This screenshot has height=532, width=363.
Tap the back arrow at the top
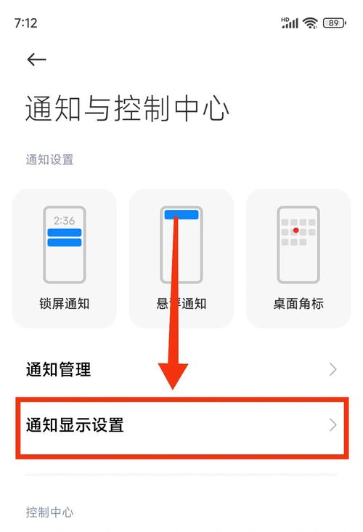pyautogui.click(x=36, y=60)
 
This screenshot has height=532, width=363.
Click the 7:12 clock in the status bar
pyautogui.click(x=25, y=23)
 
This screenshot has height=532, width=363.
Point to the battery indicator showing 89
pyautogui.click(x=334, y=23)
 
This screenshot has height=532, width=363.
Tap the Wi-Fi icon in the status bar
pyautogui.click(x=311, y=23)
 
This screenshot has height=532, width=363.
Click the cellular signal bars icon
pyautogui.click(x=290, y=23)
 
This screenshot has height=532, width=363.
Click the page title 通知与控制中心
pyautogui.click(x=127, y=108)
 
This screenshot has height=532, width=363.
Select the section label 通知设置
pyautogui.click(x=49, y=159)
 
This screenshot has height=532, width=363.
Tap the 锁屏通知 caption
pyautogui.click(x=65, y=303)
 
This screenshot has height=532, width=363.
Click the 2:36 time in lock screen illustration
pyautogui.click(x=65, y=219)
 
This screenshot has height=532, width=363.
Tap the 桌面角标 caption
pyautogui.click(x=298, y=303)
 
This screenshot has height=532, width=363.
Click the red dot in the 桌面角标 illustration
pyautogui.click(x=295, y=230)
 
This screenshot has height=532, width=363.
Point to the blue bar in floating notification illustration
pyautogui.click(x=181, y=214)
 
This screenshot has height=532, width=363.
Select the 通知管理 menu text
pyautogui.click(x=58, y=369)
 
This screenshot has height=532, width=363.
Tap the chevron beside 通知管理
pyautogui.click(x=333, y=369)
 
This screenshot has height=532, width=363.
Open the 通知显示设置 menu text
pyautogui.click(x=75, y=424)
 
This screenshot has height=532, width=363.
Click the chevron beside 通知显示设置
pyautogui.click(x=333, y=424)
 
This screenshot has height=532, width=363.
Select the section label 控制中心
pyautogui.click(x=49, y=512)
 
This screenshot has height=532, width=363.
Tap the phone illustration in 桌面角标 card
pyautogui.click(x=298, y=244)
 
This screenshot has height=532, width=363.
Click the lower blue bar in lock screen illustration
pyautogui.click(x=65, y=242)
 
